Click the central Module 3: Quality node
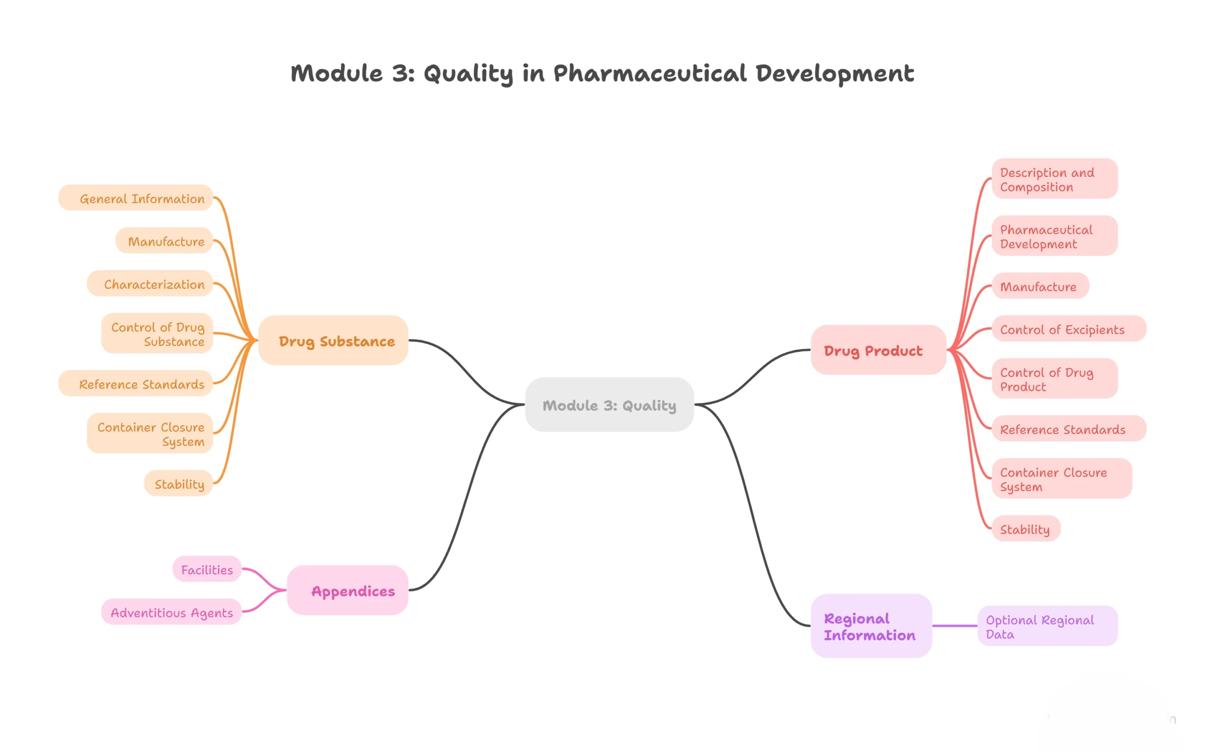609,404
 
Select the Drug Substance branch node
333,340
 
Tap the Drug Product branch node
878,349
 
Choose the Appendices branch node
347,590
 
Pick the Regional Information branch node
871,625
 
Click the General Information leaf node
136,198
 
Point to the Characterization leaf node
150,283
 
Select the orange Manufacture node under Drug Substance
164,240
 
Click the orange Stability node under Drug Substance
179,483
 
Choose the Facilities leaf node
207,569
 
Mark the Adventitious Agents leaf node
171,611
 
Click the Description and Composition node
1055,179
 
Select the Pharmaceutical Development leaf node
1055,236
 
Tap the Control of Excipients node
1069,328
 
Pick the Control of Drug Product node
1055,378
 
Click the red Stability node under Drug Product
1026,528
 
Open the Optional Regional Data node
1048,625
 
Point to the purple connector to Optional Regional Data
955,625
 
